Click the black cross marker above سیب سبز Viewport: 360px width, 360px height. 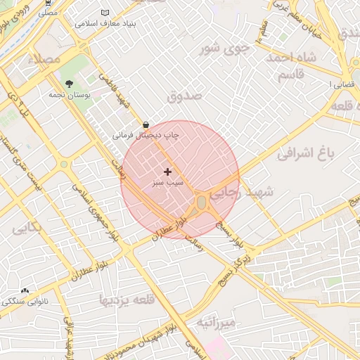click(167, 172)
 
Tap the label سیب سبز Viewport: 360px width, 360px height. click(167, 182)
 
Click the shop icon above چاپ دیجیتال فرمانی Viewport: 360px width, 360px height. click(145, 124)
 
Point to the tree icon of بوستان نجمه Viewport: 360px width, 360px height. click(69, 84)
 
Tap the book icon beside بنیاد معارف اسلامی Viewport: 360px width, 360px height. click(106, 13)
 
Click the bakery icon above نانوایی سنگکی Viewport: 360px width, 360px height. click(25, 290)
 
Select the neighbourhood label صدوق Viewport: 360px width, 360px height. click(185, 95)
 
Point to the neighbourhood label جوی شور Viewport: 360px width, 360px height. click(224, 49)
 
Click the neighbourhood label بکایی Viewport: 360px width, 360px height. click(27, 227)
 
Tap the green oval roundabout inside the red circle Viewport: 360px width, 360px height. click(202, 202)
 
